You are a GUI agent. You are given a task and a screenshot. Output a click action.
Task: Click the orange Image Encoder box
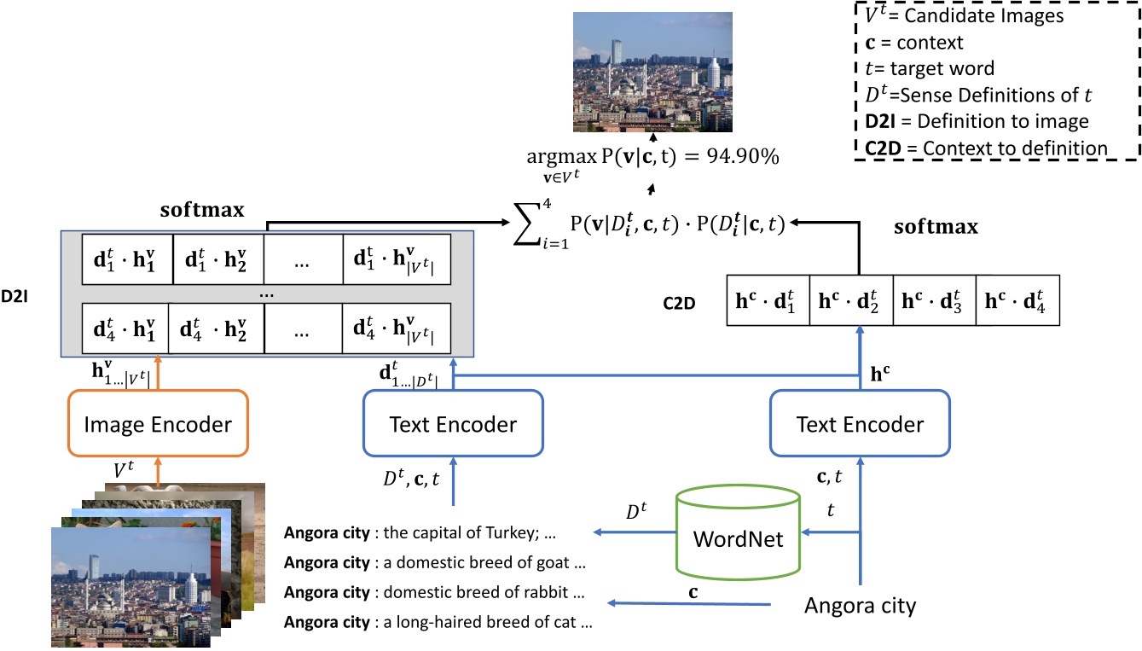[x=157, y=424]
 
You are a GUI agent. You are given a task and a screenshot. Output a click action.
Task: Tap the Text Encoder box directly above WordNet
[x=859, y=424]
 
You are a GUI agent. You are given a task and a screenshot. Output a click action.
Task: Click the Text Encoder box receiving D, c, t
[x=452, y=424]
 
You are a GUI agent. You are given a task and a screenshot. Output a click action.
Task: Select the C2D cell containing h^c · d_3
[x=934, y=299]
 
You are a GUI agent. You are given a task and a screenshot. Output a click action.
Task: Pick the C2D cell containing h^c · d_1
[x=767, y=299]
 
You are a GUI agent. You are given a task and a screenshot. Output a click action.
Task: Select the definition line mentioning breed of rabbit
[x=434, y=592]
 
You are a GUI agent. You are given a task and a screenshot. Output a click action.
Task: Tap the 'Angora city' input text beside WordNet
[x=860, y=606]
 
